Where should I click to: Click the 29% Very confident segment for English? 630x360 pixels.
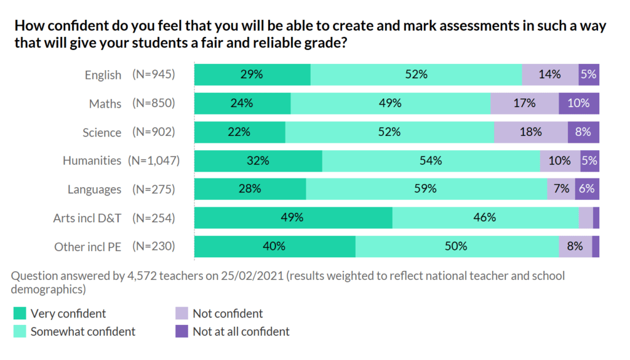point(252,74)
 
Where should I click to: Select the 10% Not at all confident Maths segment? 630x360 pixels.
point(579,103)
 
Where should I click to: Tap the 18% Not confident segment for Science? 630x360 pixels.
point(530,132)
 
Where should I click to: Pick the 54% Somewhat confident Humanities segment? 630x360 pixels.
point(431,161)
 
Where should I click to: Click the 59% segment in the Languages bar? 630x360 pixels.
point(426,189)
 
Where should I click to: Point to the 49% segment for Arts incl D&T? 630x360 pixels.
point(293,218)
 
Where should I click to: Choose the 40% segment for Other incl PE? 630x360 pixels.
point(274,246)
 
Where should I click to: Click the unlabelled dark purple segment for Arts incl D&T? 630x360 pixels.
point(596,218)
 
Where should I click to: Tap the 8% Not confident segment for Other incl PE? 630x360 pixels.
point(575,246)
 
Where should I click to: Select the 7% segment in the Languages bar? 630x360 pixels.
point(561,189)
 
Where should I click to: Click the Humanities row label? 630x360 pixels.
point(92,161)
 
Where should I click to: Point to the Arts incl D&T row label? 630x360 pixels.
point(87,218)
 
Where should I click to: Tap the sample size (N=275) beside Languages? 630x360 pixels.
point(154,189)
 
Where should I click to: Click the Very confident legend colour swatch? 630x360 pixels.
point(20,314)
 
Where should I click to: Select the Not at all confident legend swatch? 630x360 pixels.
point(181,332)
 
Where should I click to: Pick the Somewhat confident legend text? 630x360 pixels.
point(83,332)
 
